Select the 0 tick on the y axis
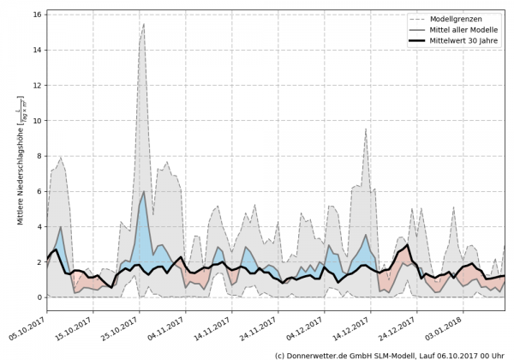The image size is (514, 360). (x=39, y=297)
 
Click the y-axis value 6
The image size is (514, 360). (x=39, y=191)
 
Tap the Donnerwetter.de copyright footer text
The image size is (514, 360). (x=389, y=354)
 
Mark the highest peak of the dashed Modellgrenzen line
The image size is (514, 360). (x=144, y=24)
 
